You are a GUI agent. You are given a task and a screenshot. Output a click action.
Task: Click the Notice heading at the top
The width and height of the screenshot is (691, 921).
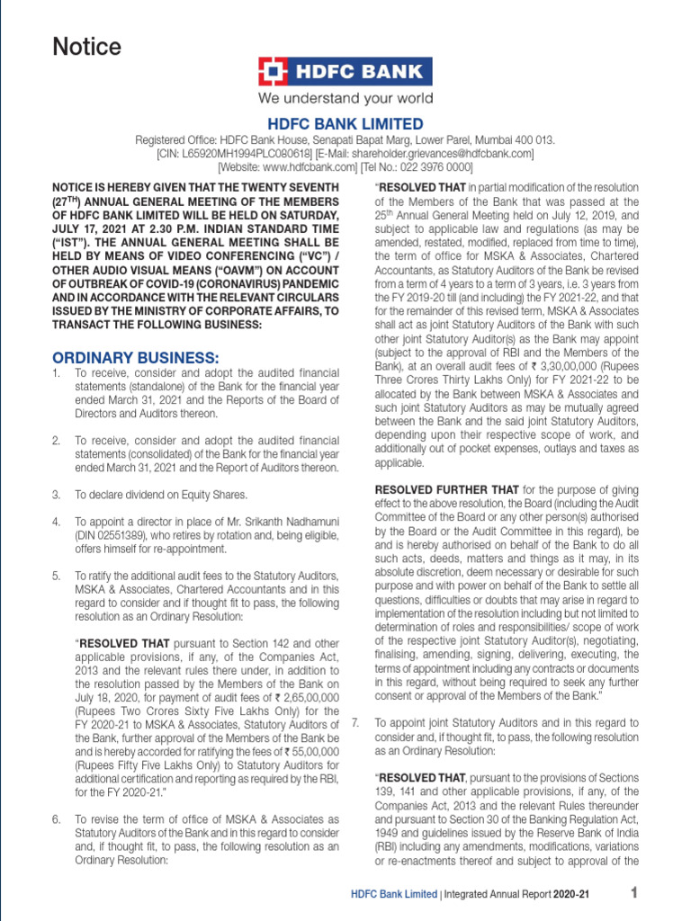click(x=87, y=47)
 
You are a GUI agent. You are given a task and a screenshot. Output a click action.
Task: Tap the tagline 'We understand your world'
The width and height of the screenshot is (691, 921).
click(x=345, y=99)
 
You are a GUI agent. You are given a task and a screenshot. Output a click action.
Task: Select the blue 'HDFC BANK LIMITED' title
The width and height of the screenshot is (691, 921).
click(x=345, y=124)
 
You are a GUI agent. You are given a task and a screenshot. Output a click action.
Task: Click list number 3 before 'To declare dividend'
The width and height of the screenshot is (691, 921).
click(x=56, y=495)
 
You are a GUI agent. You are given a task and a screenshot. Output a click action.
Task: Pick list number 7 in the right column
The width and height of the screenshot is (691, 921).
click(x=355, y=722)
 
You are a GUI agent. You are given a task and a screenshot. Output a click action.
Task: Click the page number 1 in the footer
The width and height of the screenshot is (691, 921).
click(x=633, y=893)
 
